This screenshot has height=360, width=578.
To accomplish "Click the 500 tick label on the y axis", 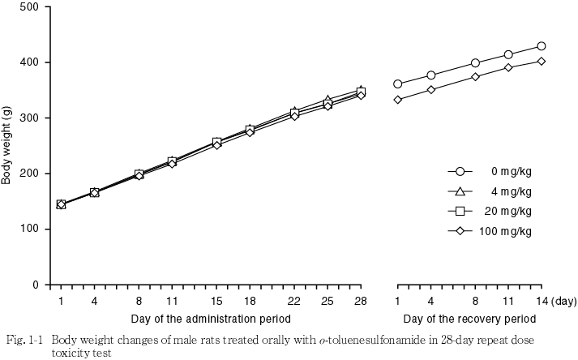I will coord(31,7).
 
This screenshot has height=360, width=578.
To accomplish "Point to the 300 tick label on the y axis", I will coord(31,118).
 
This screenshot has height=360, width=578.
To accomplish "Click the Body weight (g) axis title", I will coord(7,147).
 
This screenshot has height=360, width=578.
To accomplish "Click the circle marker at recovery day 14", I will coord(542,46).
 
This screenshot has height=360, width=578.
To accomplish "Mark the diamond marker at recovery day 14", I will coord(542,62).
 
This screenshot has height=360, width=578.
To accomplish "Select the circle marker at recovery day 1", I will coord(397,84).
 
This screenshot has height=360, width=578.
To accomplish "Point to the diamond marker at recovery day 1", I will coord(397,100).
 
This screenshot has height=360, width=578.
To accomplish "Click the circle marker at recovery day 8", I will coord(475,63).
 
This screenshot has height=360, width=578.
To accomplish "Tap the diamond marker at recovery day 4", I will coord(430,89).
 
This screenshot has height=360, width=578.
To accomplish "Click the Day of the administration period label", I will coord(211,319).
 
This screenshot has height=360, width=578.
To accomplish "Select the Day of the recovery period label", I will coord(469,319).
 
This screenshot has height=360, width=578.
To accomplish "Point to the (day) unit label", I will coord(563,301).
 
